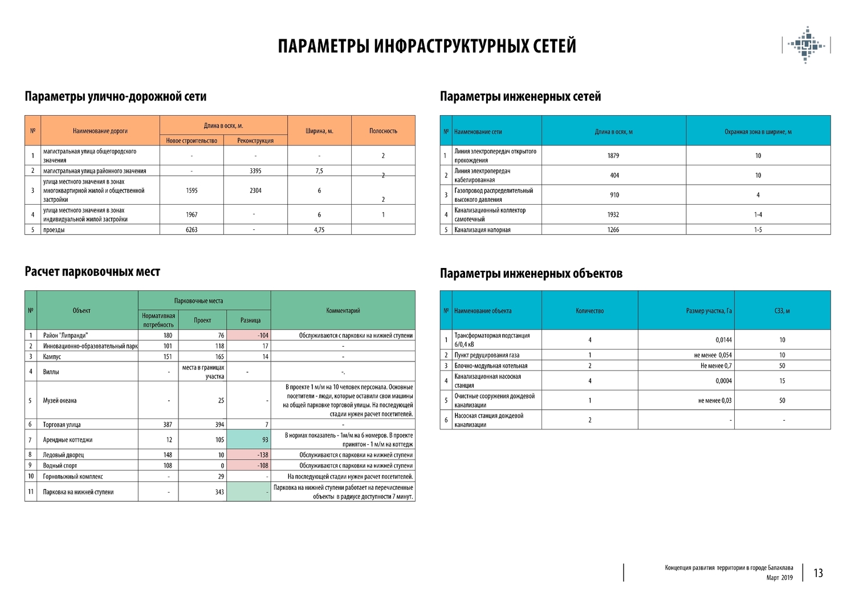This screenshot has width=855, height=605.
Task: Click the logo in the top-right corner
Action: [x=806, y=44]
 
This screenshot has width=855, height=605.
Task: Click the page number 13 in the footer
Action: [x=818, y=573]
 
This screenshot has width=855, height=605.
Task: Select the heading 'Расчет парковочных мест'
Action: [x=92, y=272]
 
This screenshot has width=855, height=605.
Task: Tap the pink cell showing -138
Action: [x=249, y=455]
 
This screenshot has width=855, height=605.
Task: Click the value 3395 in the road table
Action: [x=255, y=171]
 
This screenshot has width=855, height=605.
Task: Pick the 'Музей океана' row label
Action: [x=60, y=400]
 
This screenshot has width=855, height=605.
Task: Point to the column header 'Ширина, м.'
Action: [x=319, y=131]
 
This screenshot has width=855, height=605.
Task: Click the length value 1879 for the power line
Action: [x=613, y=156]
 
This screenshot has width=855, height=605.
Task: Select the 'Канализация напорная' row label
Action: [x=482, y=230]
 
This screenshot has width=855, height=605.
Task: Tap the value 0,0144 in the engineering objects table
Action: [x=723, y=340]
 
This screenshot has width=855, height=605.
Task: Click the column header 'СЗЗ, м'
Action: [x=782, y=311]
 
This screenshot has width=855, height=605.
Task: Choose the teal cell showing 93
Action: [x=249, y=440]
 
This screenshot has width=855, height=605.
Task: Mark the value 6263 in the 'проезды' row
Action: [x=192, y=230]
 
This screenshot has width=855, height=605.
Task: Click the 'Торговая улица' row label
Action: [x=62, y=425]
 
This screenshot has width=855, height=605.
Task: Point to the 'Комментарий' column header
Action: [x=343, y=311]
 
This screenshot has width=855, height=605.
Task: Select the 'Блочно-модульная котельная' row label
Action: [x=491, y=366]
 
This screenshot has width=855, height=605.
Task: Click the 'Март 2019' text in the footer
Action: [x=779, y=578]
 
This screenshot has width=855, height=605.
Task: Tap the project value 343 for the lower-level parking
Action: [x=219, y=492]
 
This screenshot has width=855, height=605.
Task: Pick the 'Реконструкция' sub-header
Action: [x=255, y=141]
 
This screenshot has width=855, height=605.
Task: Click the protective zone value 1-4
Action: [x=758, y=215]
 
